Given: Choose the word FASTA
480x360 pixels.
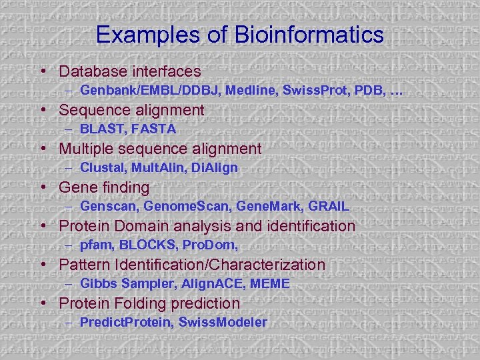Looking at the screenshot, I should coord(153,129).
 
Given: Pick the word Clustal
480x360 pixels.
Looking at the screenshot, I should coord(102,167).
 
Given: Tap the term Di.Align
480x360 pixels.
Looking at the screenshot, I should coord(214,167).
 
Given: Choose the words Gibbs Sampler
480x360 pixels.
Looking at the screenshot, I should coord(123,283).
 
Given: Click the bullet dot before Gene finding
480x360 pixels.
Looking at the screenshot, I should coord(43,188).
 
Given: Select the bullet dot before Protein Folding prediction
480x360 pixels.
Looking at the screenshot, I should coord(43,304).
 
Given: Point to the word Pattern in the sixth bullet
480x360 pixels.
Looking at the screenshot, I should coord(84,265).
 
